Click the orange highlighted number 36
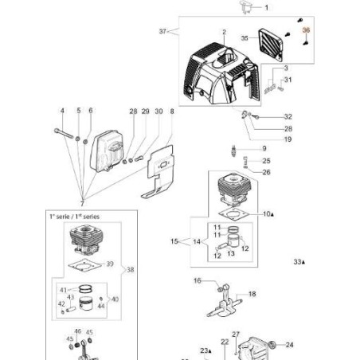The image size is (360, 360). (305, 30)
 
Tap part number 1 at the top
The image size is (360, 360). (266, 7)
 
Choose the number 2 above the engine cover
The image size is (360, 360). (225, 33)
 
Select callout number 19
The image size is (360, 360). (265, 139)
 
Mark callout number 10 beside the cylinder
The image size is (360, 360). (266, 214)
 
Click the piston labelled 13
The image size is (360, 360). (233, 240)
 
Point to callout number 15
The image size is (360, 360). (174, 241)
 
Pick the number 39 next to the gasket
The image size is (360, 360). (111, 264)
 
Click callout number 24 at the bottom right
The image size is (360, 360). (290, 345)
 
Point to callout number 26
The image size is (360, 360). (266, 172)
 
